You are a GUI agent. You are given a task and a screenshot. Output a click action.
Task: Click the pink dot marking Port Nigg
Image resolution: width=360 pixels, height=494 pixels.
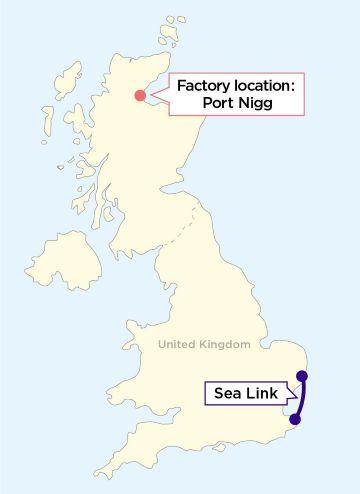[139, 96]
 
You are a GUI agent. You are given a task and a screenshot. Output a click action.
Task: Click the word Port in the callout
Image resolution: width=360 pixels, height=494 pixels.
[222, 104]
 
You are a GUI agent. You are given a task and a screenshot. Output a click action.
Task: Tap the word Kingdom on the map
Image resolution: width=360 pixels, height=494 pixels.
[226, 344]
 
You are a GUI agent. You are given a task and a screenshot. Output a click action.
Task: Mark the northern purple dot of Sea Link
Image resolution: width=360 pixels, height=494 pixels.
[302, 376]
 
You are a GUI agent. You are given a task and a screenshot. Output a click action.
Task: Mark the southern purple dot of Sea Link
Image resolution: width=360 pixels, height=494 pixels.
[295, 419]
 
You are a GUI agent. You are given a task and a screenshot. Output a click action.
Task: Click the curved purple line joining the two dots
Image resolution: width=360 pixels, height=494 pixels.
[302, 398]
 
